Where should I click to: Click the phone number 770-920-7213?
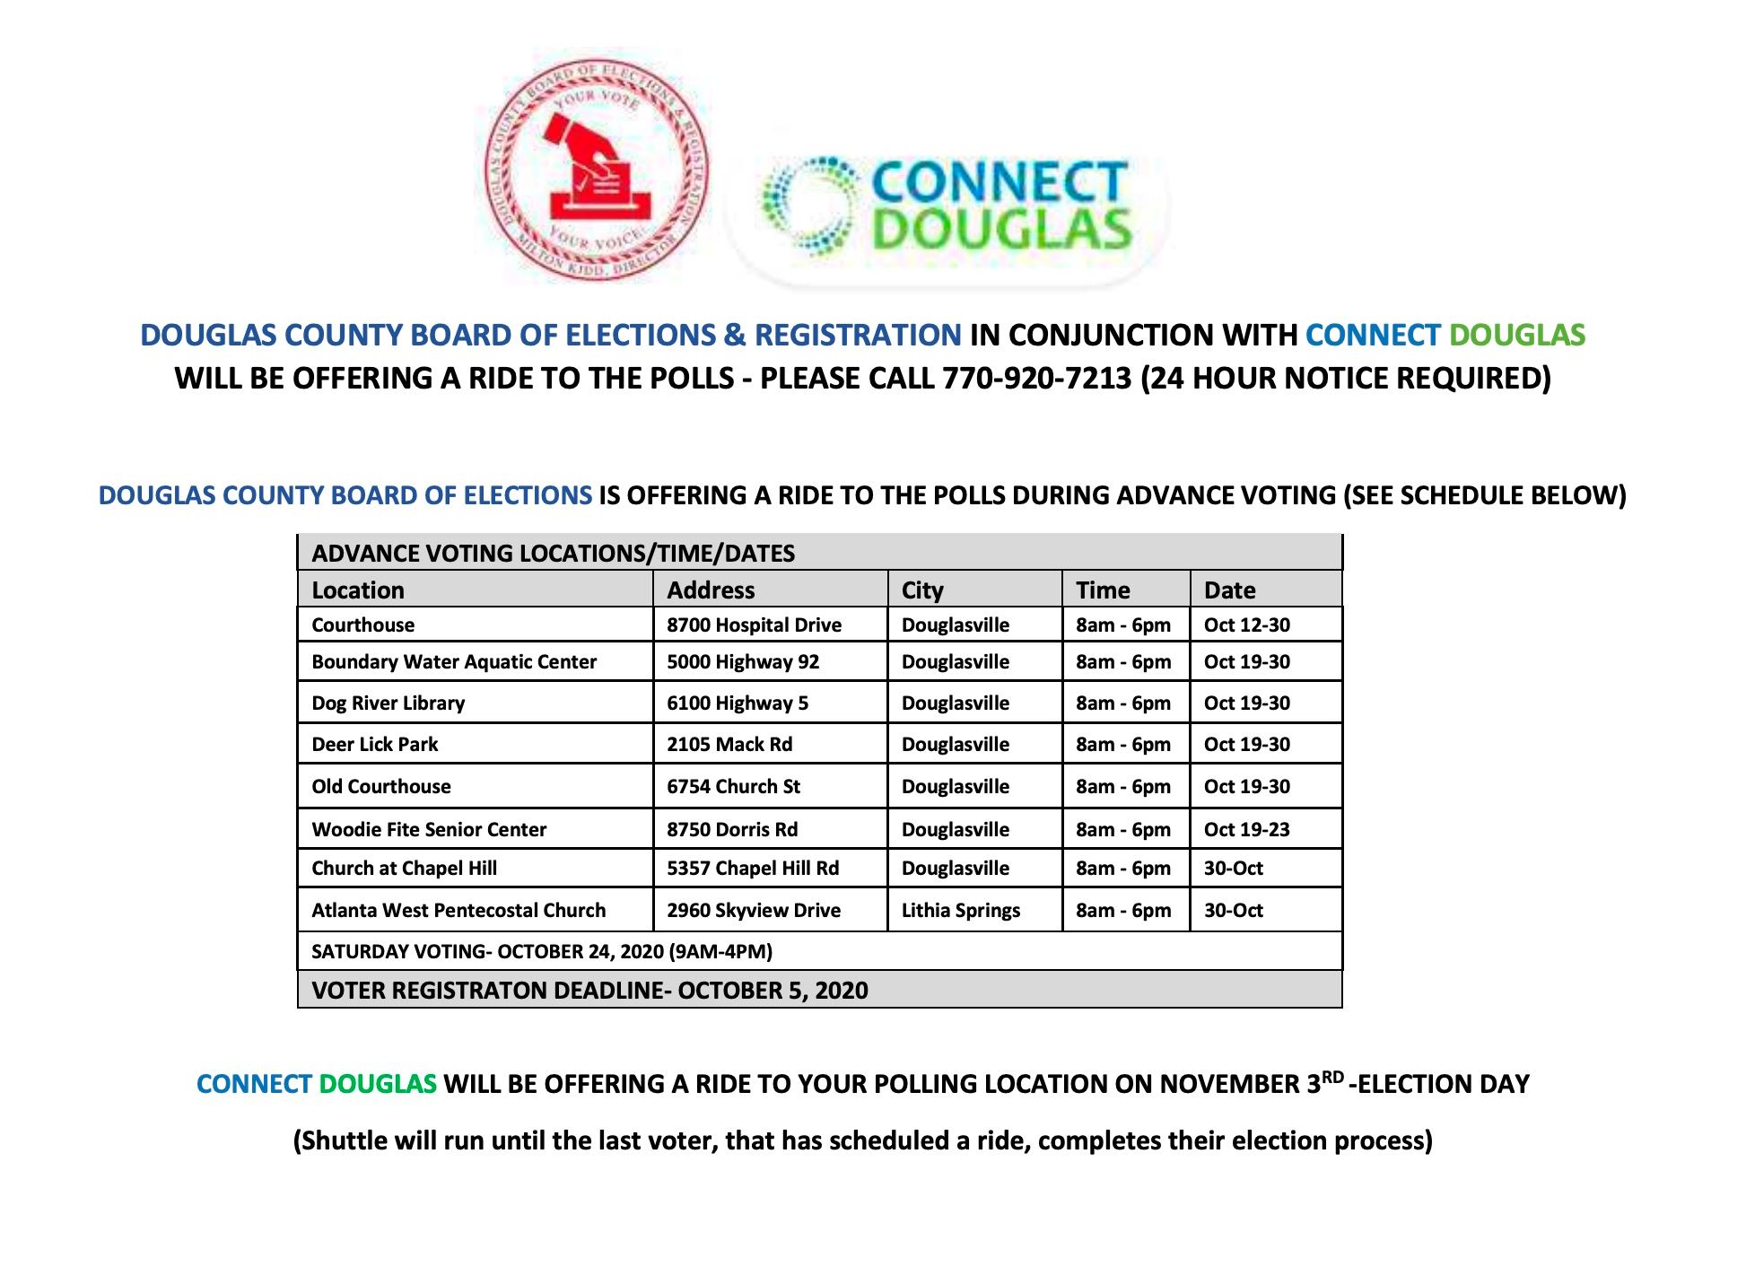point(1036,379)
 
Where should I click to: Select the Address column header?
point(711,590)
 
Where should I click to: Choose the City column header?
point(922,590)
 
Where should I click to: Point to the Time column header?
point(1103,590)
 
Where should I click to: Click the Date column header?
point(1229,590)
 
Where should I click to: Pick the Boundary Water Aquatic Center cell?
point(454,662)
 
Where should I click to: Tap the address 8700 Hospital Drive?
point(754,625)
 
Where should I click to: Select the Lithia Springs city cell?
point(961,911)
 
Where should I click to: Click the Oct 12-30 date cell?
point(1246,625)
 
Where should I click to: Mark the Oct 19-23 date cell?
point(1246,830)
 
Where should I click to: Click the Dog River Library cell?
point(388,703)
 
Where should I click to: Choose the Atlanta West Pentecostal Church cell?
point(458,911)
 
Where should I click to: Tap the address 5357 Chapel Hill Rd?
point(753,869)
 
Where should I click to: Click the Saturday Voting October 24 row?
point(542,952)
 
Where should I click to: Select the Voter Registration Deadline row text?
point(589,991)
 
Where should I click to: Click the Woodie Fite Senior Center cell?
point(429,830)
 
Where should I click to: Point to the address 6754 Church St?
point(733,787)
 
